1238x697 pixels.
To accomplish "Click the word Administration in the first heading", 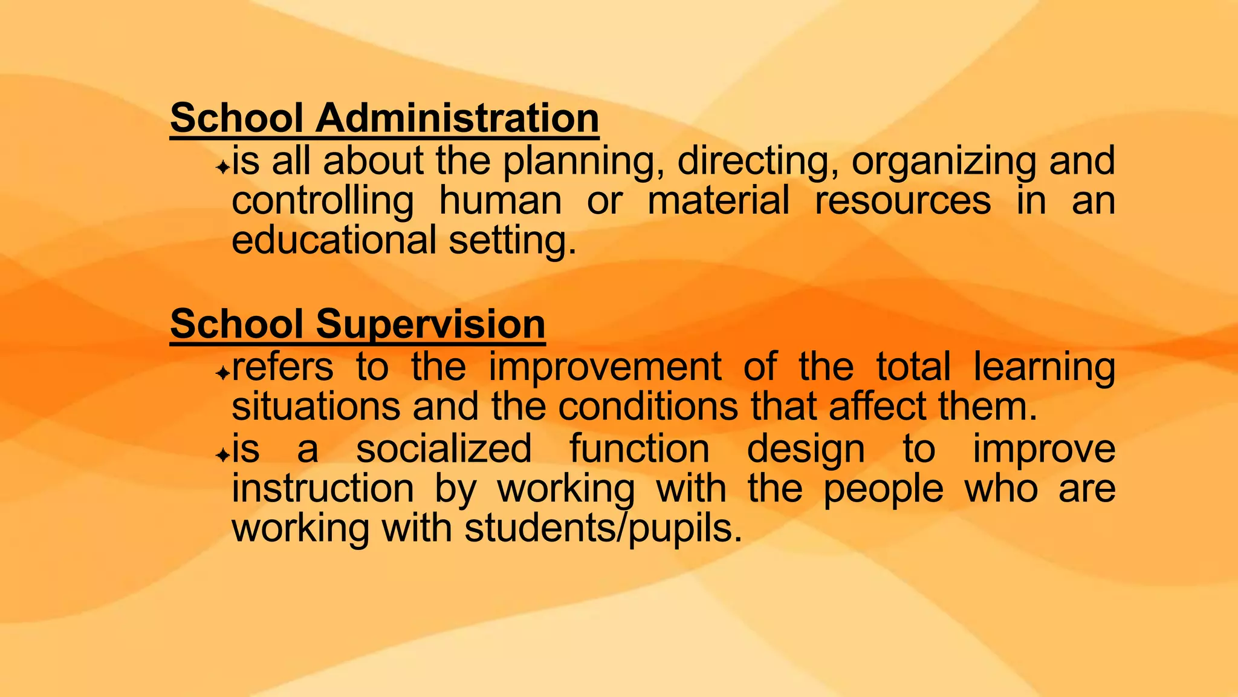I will [457, 117].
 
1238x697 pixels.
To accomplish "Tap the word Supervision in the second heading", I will [430, 324].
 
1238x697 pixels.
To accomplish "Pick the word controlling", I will [323, 201].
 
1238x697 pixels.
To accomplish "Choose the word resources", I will [903, 201].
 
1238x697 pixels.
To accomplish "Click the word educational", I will [334, 240].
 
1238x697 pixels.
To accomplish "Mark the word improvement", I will [604, 368].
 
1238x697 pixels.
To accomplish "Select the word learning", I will [1044, 368].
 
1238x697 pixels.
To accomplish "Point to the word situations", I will [316, 406].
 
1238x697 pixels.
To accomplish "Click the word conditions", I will [648, 406].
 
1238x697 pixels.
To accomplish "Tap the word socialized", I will [444, 449].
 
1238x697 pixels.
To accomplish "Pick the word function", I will [640, 449].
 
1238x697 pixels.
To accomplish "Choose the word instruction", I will [323, 488].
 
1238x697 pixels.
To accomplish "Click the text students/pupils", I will [603, 529].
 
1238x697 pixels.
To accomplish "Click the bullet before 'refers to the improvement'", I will [223, 373].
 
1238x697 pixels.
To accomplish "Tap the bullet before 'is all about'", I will [223, 166].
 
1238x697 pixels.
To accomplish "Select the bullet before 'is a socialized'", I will [223, 454].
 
